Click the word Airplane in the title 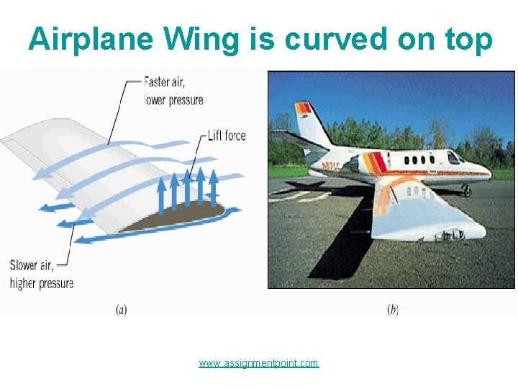pyautogui.click(x=90, y=40)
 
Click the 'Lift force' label pyautogui.click(x=227, y=135)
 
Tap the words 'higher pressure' pyautogui.click(x=42, y=283)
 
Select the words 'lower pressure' pyautogui.click(x=174, y=100)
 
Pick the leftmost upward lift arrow pyautogui.click(x=162, y=195)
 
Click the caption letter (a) pyautogui.click(x=122, y=310)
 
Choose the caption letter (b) pyautogui.click(x=393, y=310)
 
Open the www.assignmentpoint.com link pyautogui.click(x=258, y=363)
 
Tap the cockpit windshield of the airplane pyautogui.click(x=453, y=158)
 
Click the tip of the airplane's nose pyautogui.click(x=491, y=174)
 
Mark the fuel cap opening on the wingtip pyautogui.click(x=451, y=234)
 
